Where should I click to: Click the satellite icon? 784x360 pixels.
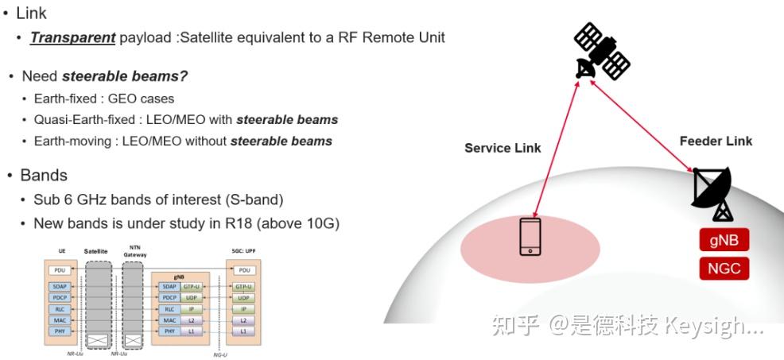(x=601, y=52)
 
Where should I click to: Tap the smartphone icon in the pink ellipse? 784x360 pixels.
(x=531, y=237)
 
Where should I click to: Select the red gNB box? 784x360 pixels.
(x=724, y=240)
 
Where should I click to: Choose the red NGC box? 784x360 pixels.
(x=724, y=269)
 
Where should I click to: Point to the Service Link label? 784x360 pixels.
(x=503, y=148)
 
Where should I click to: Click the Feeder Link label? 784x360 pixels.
(x=716, y=141)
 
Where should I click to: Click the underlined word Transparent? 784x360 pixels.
(x=73, y=38)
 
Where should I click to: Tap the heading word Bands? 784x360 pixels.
(x=44, y=175)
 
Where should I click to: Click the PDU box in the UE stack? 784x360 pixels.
(x=60, y=270)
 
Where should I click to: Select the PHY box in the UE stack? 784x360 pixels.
(x=60, y=331)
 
